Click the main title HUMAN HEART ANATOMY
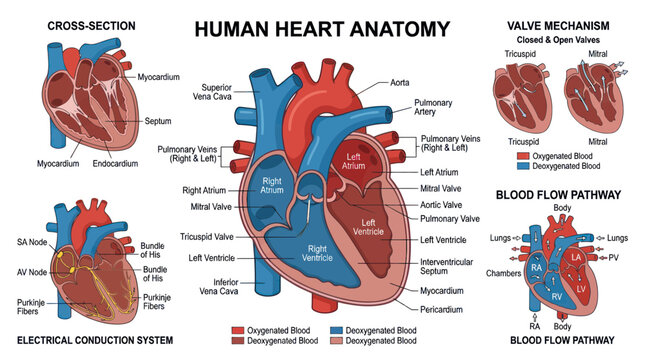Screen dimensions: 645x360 322,29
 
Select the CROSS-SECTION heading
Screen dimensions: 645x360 91,26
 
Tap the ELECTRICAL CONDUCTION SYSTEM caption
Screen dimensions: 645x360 95,340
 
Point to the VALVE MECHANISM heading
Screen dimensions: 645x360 558,26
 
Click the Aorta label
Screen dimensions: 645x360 399,83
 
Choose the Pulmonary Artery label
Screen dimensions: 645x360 433,107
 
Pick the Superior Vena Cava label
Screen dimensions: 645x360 212,92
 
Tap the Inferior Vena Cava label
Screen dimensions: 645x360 219,287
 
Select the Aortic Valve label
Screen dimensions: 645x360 441,205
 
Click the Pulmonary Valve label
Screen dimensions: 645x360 450,219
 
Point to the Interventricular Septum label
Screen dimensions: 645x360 446,267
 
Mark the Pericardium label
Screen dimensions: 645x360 441,309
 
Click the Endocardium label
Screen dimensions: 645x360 115,164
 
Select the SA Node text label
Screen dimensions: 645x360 32,242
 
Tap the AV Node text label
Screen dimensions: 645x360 32,272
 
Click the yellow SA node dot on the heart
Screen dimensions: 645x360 60,255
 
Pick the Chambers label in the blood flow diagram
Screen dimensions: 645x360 503,273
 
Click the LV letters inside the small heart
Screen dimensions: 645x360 581,289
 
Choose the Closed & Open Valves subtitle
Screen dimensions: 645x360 558,40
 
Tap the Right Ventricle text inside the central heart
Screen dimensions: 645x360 317,253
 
